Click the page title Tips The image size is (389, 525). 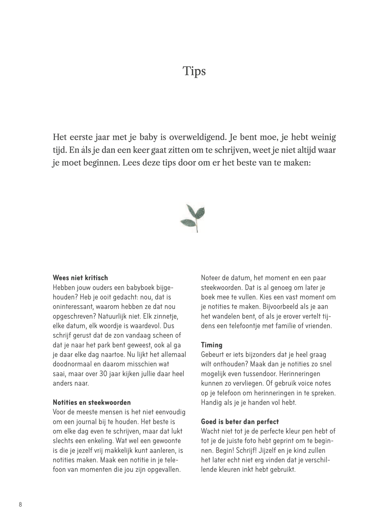pos(194,71)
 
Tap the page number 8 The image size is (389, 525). pos(21,504)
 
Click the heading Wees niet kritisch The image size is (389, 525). pos(80,278)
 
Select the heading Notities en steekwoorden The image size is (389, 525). pos(92,402)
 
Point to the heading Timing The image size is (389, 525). pos(211,345)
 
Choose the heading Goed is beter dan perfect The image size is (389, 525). pos(240,421)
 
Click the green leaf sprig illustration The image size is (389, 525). pos(194,217)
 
